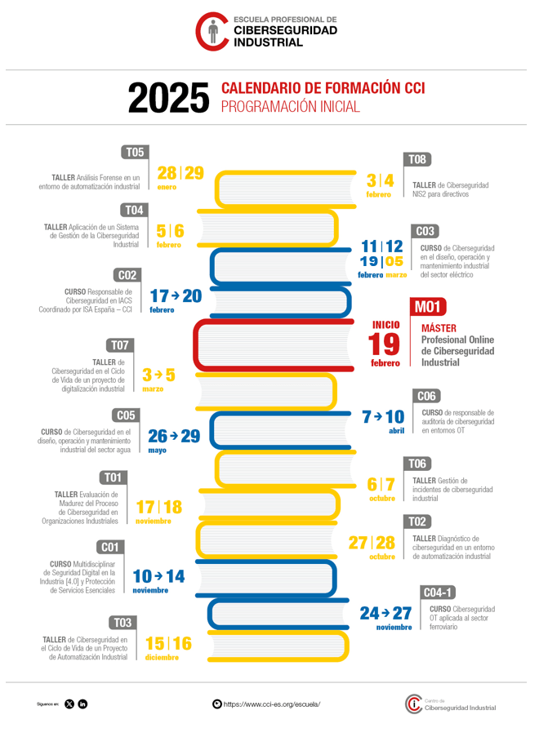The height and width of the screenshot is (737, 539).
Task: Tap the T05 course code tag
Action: (134, 152)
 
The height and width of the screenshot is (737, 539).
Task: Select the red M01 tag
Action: (427, 306)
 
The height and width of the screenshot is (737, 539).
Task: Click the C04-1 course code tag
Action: (439, 592)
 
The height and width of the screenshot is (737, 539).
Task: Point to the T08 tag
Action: (416, 159)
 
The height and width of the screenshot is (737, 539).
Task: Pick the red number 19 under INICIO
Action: (385, 344)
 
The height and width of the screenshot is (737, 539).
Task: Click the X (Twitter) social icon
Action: (69, 704)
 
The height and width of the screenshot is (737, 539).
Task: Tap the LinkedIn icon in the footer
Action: (82, 704)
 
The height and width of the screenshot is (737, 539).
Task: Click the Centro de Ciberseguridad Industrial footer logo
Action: (450, 704)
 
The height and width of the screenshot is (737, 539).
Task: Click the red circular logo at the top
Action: (212, 31)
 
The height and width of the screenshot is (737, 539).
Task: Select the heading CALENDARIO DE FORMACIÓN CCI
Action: (323, 88)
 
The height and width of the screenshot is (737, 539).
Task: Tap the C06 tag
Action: (426, 396)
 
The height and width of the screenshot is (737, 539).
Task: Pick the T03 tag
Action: (122, 622)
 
